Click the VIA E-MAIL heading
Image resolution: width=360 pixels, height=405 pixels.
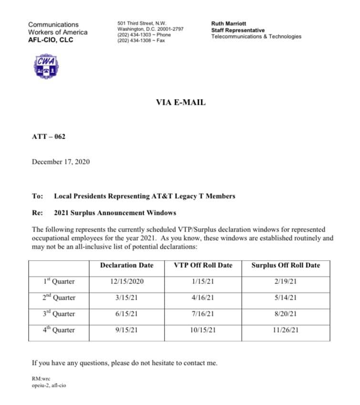coord(181,102)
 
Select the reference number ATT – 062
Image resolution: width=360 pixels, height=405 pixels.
coord(49,137)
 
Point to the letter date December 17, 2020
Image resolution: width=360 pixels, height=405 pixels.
coord(61,162)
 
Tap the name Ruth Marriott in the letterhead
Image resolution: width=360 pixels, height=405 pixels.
coord(228,23)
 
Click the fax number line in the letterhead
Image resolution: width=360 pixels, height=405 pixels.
coord(141,40)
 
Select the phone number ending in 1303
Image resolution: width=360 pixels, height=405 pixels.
coord(144,35)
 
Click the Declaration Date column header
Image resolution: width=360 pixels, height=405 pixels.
coord(127,265)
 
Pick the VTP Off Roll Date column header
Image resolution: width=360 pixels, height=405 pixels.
coord(203,265)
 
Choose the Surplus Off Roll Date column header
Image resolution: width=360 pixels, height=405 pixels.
coord(286,265)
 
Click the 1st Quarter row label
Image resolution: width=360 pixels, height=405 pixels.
coord(59,282)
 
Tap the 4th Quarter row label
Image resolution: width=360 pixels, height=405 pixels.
coord(59,330)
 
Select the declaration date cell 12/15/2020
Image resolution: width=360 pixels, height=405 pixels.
coord(126,282)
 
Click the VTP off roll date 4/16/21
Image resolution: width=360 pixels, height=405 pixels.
coord(203,298)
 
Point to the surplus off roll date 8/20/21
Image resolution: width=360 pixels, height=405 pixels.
coord(286,314)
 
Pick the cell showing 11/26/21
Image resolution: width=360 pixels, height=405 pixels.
coord(286,330)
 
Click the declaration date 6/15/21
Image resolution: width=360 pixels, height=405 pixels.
coord(126,314)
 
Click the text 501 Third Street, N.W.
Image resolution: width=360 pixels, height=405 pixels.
coord(142,23)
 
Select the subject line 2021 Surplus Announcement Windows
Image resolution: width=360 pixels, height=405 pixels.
coord(115,213)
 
